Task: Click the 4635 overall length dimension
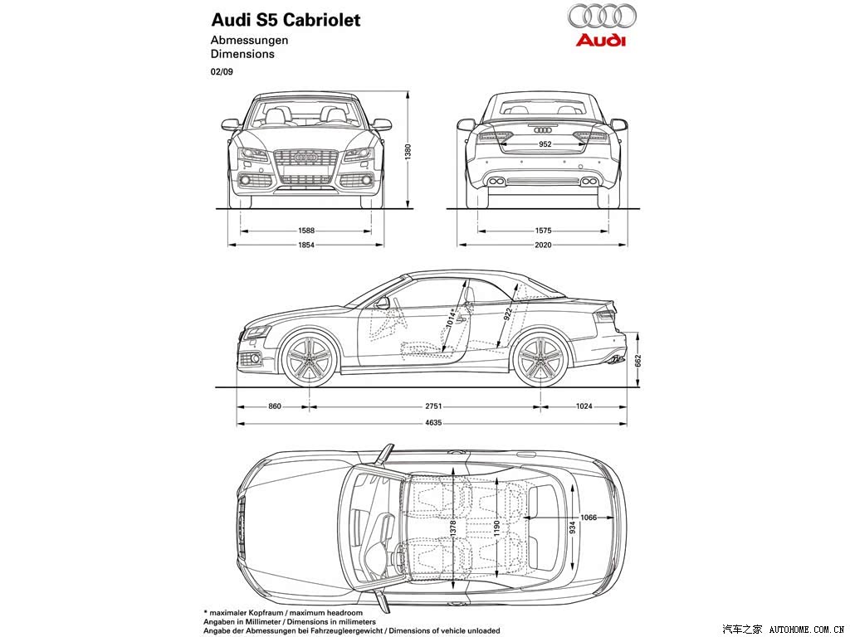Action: [x=433, y=422]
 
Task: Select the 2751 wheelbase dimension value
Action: [x=433, y=406]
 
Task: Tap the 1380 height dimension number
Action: [x=408, y=151]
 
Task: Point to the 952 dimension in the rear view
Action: [x=545, y=144]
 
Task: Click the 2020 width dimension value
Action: [x=543, y=245]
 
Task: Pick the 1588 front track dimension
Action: [x=306, y=231]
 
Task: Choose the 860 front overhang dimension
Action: [x=275, y=406]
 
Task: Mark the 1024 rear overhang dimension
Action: [x=584, y=406]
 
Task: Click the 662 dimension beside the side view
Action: [x=638, y=362]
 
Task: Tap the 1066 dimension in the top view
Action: [x=589, y=518]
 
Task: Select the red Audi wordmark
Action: [x=601, y=40]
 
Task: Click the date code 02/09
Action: [x=222, y=71]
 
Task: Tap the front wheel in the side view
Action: [x=310, y=358]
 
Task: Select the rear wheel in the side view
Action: [x=540, y=358]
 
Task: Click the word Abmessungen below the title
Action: [x=249, y=40]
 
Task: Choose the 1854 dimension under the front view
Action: [x=306, y=245]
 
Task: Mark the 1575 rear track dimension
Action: [x=543, y=231]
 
